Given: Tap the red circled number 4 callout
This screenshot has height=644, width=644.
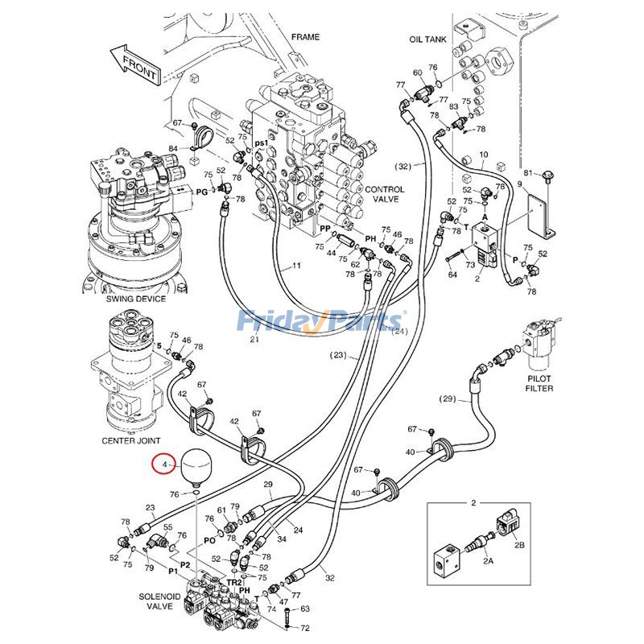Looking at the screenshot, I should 164,465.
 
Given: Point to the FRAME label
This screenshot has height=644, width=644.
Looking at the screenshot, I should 305,37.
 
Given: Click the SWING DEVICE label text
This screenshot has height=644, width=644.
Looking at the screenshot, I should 135,299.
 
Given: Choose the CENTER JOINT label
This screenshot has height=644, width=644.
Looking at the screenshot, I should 130,440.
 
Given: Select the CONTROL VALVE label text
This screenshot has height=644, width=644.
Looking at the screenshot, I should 385,195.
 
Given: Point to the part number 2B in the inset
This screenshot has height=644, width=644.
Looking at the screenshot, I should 519,545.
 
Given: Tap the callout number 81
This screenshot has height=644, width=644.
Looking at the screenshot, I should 529,173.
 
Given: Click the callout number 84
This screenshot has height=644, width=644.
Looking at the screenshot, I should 173,149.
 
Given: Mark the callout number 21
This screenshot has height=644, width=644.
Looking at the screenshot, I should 254,340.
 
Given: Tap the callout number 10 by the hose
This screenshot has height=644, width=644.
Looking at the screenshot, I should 483,154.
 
